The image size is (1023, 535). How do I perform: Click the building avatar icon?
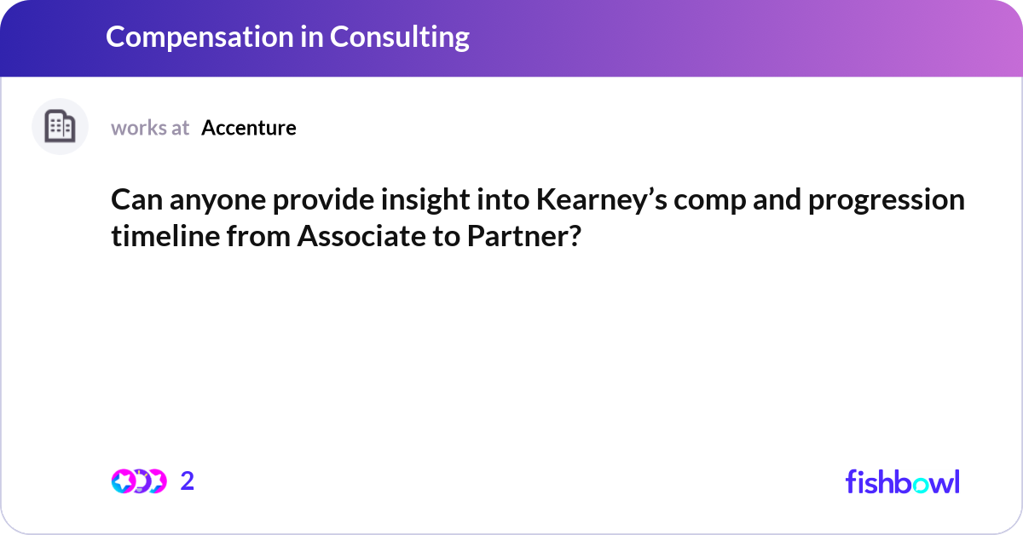[x=60, y=127]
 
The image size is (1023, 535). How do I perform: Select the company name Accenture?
[x=249, y=128]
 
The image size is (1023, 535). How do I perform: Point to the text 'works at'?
[x=150, y=128]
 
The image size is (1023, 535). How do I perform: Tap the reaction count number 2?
[x=188, y=481]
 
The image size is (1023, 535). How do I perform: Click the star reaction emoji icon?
[x=123, y=481]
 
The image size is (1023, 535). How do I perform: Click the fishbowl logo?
[x=902, y=481]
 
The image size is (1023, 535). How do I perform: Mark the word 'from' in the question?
[x=263, y=236]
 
